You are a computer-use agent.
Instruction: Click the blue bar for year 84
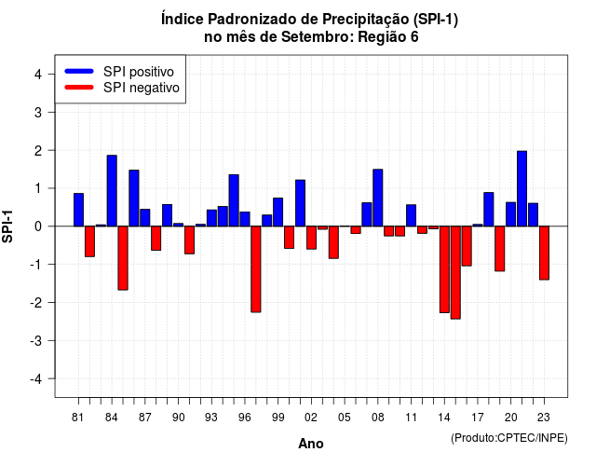pyautogui.click(x=112, y=190)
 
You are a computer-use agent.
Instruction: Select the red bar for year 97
pyautogui.click(x=256, y=269)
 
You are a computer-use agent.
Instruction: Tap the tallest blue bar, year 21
pyautogui.click(x=521, y=188)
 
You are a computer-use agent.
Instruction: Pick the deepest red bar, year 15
pyautogui.click(x=455, y=272)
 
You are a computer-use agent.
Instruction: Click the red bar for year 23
pyautogui.click(x=544, y=253)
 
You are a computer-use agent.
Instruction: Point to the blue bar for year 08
pyautogui.click(x=378, y=198)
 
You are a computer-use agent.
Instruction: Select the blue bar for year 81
pyautogui.click(x=78, y=210)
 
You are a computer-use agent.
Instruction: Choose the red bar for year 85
pyautogui.click(x=123, y=258)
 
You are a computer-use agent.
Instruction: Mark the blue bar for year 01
pyautogui.click(x=300, y=203)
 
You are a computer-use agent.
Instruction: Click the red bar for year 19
pyautogui.click(x=499, y=249)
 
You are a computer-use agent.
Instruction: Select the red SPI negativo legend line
pyautogui.click(x=79, y=88)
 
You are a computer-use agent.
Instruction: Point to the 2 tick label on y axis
pyautogui.click(x=38, y=151)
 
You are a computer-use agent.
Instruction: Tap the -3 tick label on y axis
pyautogui.click(x=35, y=341)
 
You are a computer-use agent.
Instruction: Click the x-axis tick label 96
pyautogui.click(x=244, y=418)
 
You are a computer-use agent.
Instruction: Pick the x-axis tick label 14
pyautogui.click(x=444, y=418)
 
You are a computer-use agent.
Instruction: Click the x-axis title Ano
pyautogui.click(x=311, y=444)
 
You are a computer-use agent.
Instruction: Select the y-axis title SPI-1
pyautogui.click(x=7, y=226)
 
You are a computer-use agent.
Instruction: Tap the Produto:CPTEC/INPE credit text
pyautogui.click(x=509, y=438)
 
